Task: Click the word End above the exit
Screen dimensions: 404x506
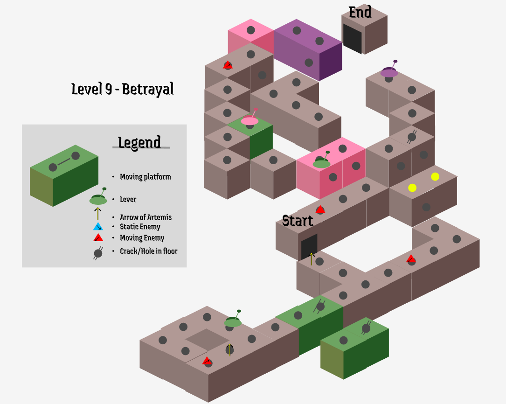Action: tap(360, 12)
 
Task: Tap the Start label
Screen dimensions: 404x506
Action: tap(298, 221)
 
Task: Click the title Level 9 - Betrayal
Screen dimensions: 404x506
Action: tap(123, 89)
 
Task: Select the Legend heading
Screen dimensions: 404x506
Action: tap(139, 142)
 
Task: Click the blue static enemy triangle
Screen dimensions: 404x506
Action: tap(98, 227)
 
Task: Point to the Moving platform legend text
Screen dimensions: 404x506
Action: tap(145, 177)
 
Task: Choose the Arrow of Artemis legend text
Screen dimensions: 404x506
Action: tap(146, 217)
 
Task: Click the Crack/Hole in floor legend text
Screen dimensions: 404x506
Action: tap(148, 251)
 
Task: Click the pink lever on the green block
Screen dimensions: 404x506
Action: tap(250, 120)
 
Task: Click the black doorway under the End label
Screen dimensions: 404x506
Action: tap(352, 39)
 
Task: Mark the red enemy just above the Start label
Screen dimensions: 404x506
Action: tap(320, 210)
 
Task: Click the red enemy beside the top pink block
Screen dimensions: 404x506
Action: tap(228, 65)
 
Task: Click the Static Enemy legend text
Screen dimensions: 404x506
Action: tap(140, 227)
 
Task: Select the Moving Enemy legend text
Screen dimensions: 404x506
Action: tap(142, 238)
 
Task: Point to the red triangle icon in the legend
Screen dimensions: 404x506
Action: tap(98, 238)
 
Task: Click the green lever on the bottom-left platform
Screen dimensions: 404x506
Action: tap(233, 321)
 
